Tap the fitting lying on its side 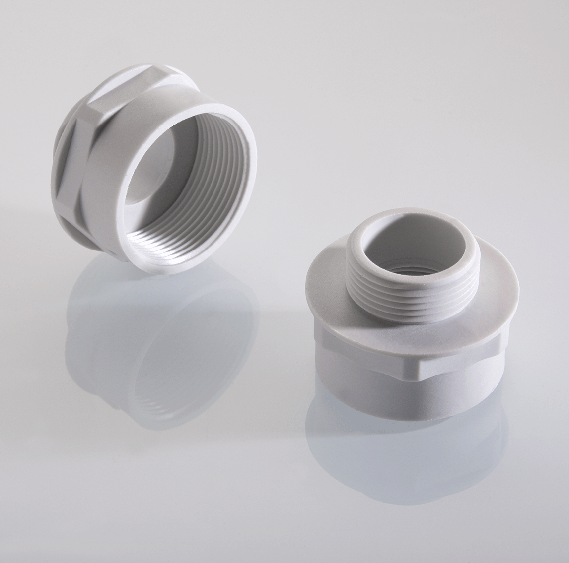click(149, 174)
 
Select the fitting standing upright click(397, 322)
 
